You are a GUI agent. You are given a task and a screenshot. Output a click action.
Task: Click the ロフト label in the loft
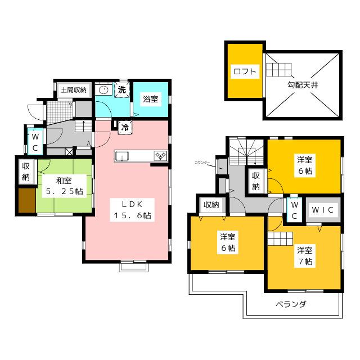click(244, 71)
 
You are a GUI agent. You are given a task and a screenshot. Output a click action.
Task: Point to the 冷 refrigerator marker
click(124, 127)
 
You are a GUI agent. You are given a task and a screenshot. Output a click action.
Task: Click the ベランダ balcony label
click(291, 304)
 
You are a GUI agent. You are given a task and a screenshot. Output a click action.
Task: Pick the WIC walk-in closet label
click(323, 210)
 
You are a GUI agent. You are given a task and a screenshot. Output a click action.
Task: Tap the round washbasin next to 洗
click(103, 90)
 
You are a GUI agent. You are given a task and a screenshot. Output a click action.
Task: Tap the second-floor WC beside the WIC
click(293, 210)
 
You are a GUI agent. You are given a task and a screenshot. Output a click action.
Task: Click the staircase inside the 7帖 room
click(277, 241)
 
